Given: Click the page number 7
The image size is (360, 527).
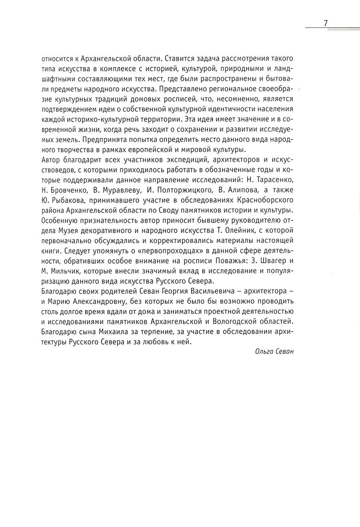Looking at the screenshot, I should (x=326, y=23).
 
